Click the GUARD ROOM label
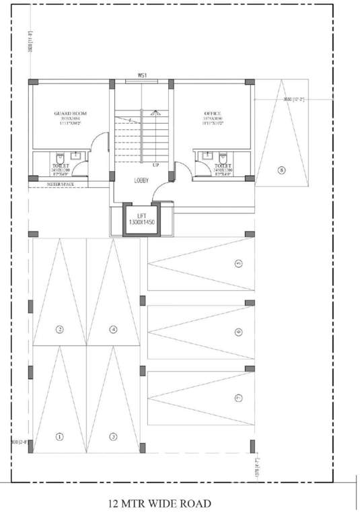[x=71, y=114]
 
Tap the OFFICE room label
[x=213, y=114]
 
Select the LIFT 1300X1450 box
[x=142, y=219]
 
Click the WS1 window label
[x=142, y=75]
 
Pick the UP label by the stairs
[x=155, y=165]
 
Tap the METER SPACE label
[x=60, y=184]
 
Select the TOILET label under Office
[x=222, y=165]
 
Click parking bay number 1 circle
[x=59, y=436]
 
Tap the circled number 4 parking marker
[x=113, y=329]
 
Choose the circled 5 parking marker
[x=238, y=264]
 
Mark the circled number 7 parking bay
[x=238, y=399]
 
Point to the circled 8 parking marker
[x=281, y=170]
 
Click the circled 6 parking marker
[x=238, y=331]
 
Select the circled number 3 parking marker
[x=113, y=436]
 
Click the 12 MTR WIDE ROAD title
[x=160, y=503]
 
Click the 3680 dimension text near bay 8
[x=293, y=100]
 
